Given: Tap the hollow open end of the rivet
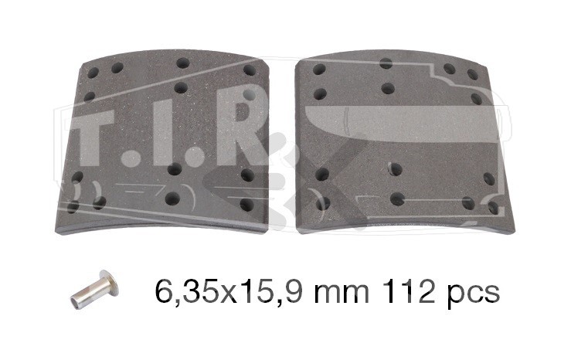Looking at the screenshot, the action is click(x=76, y=302).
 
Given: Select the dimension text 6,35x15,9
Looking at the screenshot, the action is click(x=229, y=292).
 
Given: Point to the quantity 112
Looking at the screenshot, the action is click(x=408, y=291).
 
